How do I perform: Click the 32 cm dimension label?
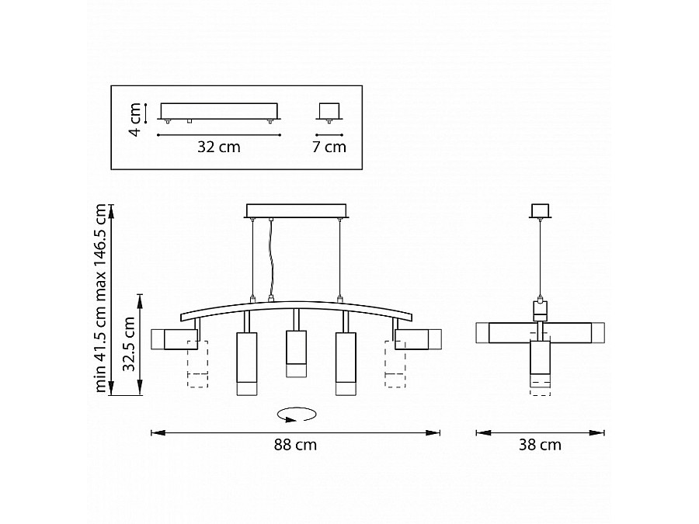click(x=219, y=147)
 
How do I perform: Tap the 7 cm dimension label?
click(x=329, y=147)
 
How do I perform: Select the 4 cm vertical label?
click(x=135, y=119)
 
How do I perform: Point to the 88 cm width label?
click(x=295, y=445)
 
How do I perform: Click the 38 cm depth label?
click(x=540, y=445)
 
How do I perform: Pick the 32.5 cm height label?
click(x=129, y=344)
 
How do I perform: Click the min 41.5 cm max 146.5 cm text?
click(x=101, y=298)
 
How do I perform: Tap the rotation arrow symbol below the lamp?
click(x=297, y=415)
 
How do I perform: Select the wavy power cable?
click(x=270, y=259)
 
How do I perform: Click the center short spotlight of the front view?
click(x=297, y=354)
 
